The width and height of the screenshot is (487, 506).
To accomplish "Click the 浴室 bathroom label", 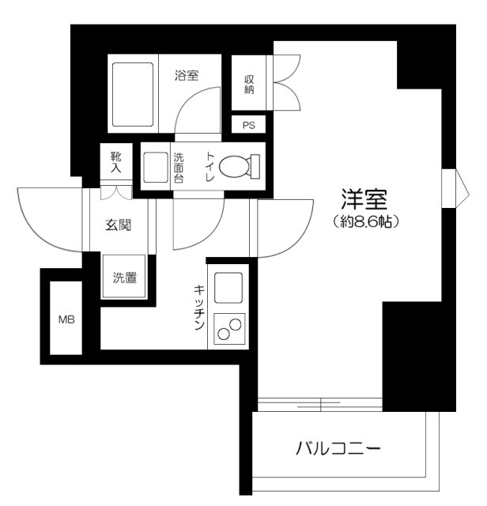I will click(x=187, y=77).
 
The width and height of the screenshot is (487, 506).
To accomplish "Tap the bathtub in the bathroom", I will click(x=133, y=93).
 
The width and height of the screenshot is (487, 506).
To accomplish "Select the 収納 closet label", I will click(x=249, y=85).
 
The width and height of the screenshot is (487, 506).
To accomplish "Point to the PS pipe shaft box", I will click(x=248, y=125).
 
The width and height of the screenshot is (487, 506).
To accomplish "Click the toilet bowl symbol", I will click(x=240, y=166).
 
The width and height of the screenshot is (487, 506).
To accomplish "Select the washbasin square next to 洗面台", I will click(x=155, y=166).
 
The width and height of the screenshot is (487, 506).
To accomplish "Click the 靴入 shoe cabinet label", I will click(x=116, y=163).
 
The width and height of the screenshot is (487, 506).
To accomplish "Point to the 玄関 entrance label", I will click(x=118, y=225).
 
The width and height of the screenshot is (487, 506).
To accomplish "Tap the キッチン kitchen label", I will click(x=199, y=307).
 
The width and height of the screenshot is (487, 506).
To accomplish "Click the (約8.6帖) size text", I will click(x=364, y=221).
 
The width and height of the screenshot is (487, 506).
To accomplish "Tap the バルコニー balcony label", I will click(x=338, y=450).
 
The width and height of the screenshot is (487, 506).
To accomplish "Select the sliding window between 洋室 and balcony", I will click(x=320, y=406).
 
